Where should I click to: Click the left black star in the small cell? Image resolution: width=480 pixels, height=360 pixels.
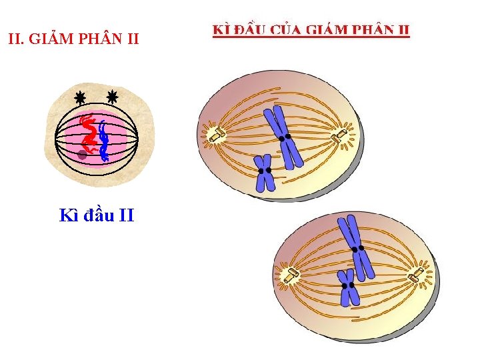[80, 98]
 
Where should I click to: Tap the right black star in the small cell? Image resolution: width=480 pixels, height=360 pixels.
[111, 97]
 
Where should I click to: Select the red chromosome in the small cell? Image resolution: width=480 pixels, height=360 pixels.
[88, 131]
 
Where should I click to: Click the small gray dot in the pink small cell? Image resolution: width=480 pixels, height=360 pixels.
[82, 155]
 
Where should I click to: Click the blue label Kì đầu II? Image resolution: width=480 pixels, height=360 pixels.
[97, 215]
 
